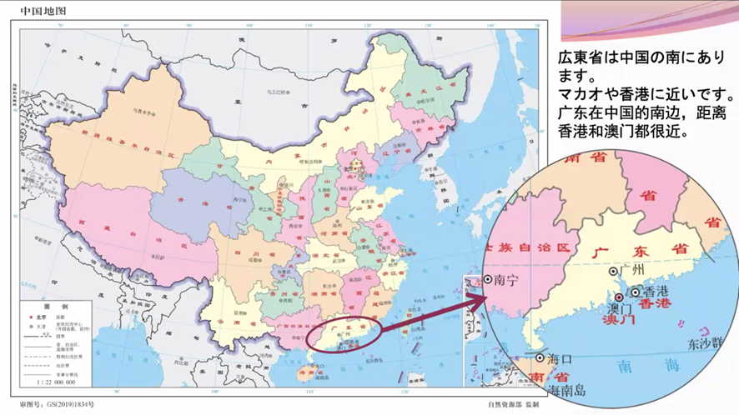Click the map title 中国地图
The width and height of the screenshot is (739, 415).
tap(43, 12)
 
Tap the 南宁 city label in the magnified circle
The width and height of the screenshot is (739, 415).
tap(505, 281)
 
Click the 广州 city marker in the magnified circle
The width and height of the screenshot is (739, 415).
tap(615, 271)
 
